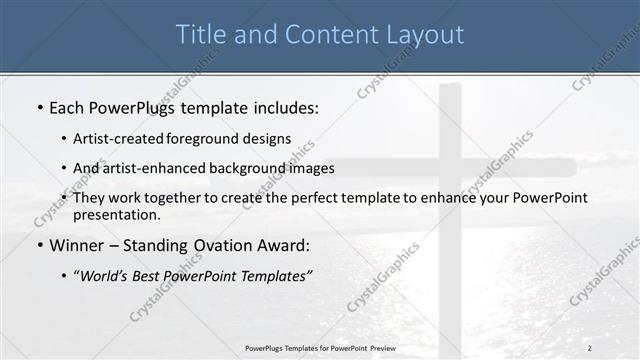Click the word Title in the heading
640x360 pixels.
click(x=200, y=34)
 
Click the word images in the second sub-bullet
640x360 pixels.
click(x=311, y=168)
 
